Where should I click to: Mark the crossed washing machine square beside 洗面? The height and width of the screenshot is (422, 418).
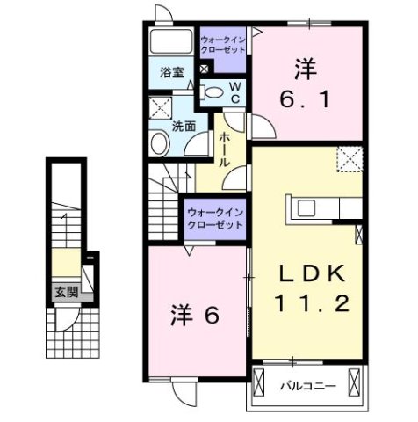click(160, 108)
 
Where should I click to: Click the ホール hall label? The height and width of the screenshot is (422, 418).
click(225, 150)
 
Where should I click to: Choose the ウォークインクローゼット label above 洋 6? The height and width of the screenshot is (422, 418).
click(214, 219)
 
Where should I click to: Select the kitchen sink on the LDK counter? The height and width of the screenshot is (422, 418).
click(309, 208)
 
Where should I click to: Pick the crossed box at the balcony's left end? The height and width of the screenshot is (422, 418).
click(260, 382)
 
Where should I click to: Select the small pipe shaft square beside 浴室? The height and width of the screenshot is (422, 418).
click(205, 68)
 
